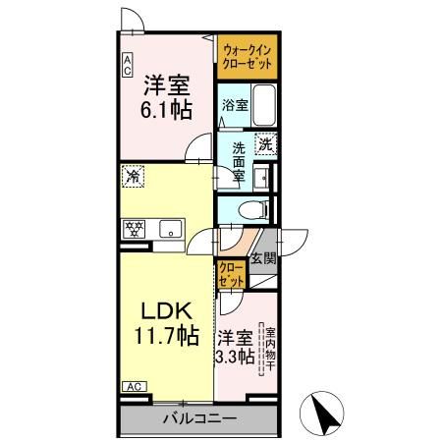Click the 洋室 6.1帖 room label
[x=166, y=96]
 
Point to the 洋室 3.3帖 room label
[x=236, y=345]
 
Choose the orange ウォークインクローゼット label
[x=248, y=55]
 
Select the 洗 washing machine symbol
[x=263, y=144]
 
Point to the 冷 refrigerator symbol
[x=132, y=177]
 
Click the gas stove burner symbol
[x=134, y=229]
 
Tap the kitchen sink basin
[x=167, y=230]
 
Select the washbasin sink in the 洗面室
[x=262, y=177]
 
